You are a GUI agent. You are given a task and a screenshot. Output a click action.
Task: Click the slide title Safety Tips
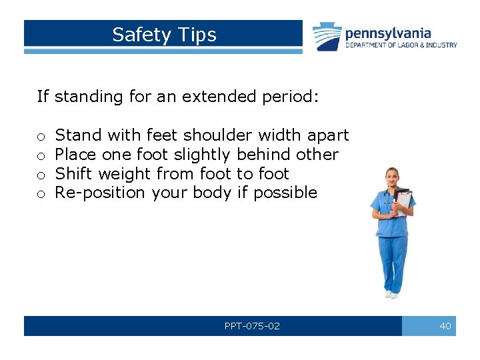point(164,35)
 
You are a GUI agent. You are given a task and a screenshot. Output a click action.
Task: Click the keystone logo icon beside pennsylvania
point(327,37)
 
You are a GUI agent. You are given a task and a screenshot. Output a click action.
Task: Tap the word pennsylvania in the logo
point(387,33)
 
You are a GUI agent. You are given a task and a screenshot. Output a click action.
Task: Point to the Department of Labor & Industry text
point(401,45)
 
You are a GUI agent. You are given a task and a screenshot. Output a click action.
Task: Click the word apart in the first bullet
point(328,135)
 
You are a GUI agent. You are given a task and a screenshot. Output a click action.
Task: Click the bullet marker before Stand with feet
point(41,137)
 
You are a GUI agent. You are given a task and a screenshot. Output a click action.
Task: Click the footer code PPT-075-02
point(252,326)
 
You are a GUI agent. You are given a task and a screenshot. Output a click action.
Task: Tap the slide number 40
point(445,326)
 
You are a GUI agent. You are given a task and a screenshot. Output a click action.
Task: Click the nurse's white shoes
point(390,293)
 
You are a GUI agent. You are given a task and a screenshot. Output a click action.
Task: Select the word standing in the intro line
point(89,97)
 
